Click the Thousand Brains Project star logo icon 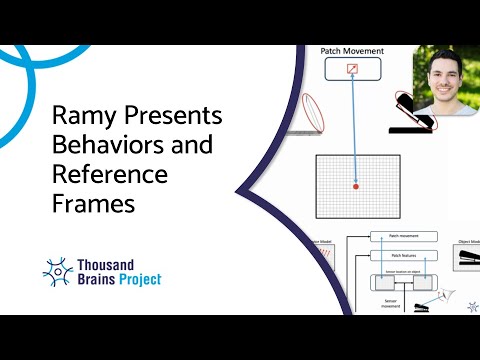pyautogui.click(x=59, y=270)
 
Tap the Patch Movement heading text pyautogui.click(x=351, y=50)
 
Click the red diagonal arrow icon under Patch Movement pyautogui.click(x=351, y=69)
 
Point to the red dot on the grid pyautogui.click(x=354, y=186)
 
